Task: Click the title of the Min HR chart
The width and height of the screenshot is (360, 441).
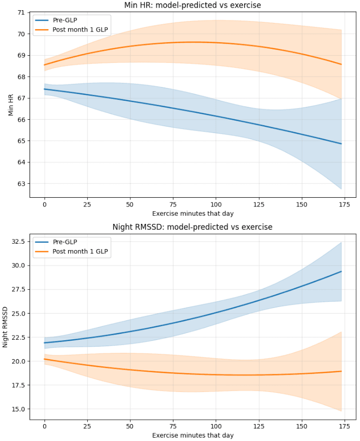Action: (x=192, y=5)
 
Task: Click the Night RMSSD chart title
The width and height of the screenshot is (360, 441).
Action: (x=192, y=227)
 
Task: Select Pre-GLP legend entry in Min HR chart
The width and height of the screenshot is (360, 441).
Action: (x=66, y=20)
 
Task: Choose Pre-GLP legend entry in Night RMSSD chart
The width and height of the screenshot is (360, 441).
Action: (x=66, y=242)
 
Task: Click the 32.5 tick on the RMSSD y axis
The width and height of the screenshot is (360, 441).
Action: (x=19, y=241)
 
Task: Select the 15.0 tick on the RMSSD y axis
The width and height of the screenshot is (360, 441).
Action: (x=19, y=409)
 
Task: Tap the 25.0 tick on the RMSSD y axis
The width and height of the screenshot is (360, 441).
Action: (x=19, y=313)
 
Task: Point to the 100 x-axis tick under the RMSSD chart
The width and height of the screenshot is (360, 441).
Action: (x=216, y=425)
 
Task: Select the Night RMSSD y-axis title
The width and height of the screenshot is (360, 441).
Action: (x=5, y=327)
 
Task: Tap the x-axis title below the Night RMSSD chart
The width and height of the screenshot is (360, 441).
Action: (x=192, y=435)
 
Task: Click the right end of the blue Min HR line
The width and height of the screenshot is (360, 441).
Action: (x=341, y=143)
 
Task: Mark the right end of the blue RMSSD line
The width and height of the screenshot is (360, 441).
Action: (x=341, y=271)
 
